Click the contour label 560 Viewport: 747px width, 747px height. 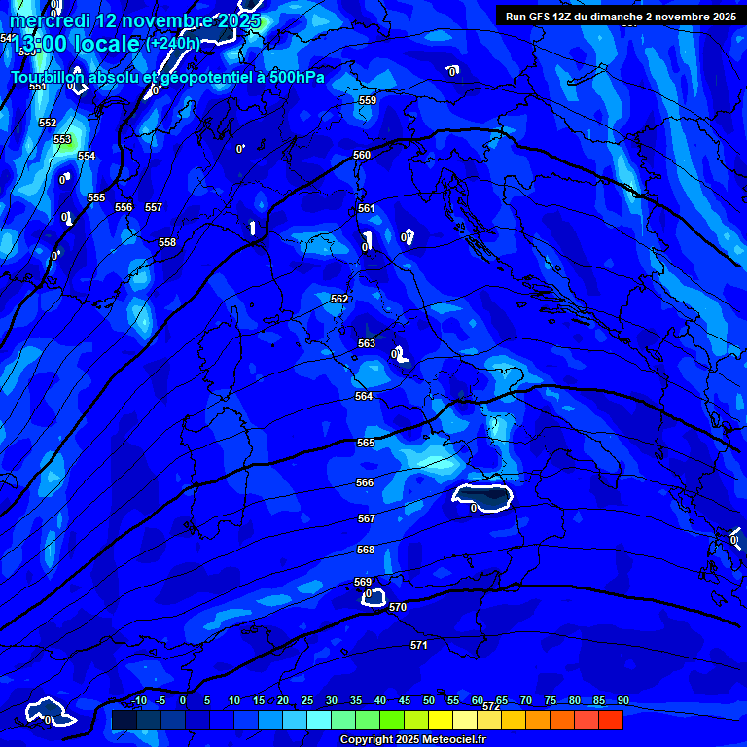tap(362, 155)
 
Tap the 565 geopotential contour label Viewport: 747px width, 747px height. tap(366, 443)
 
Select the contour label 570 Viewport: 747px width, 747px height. tap(397, 607)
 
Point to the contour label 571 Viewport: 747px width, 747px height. tap(419, 645)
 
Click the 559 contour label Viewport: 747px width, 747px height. tap(368, 100)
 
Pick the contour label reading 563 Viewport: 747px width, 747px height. tap(367, 343)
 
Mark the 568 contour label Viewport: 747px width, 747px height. tap(366, 550)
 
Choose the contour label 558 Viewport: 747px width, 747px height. tap(167, 242)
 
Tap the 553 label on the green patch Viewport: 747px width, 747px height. tap(62, 139)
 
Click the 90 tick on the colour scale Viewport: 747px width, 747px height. tap(622, 700)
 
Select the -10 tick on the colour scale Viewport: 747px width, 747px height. tap(138, 700)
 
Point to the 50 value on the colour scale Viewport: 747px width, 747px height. tap(429, 700)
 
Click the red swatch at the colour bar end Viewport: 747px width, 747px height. tap(610, 720)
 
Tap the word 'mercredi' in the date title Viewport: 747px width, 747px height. tap(49, 20)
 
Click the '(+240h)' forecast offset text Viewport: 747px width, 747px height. tap(173, 44)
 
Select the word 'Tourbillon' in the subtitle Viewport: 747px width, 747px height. tap(49, 77)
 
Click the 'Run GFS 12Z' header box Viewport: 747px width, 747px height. tap(621, 17)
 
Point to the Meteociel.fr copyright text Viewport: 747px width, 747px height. tap(412, 739)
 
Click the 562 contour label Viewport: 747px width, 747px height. tap(339, 299)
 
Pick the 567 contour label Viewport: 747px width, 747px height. tap(366, 518)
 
